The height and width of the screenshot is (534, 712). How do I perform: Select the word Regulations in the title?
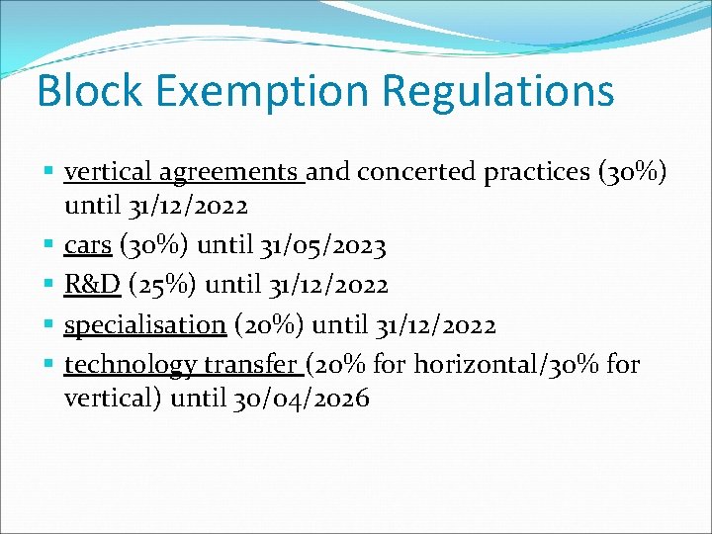497,91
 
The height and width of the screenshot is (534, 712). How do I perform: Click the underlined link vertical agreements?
184,172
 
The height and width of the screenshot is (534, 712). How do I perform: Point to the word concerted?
416,172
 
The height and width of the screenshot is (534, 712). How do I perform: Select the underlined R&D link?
92,285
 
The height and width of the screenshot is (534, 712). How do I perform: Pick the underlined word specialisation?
145,324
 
